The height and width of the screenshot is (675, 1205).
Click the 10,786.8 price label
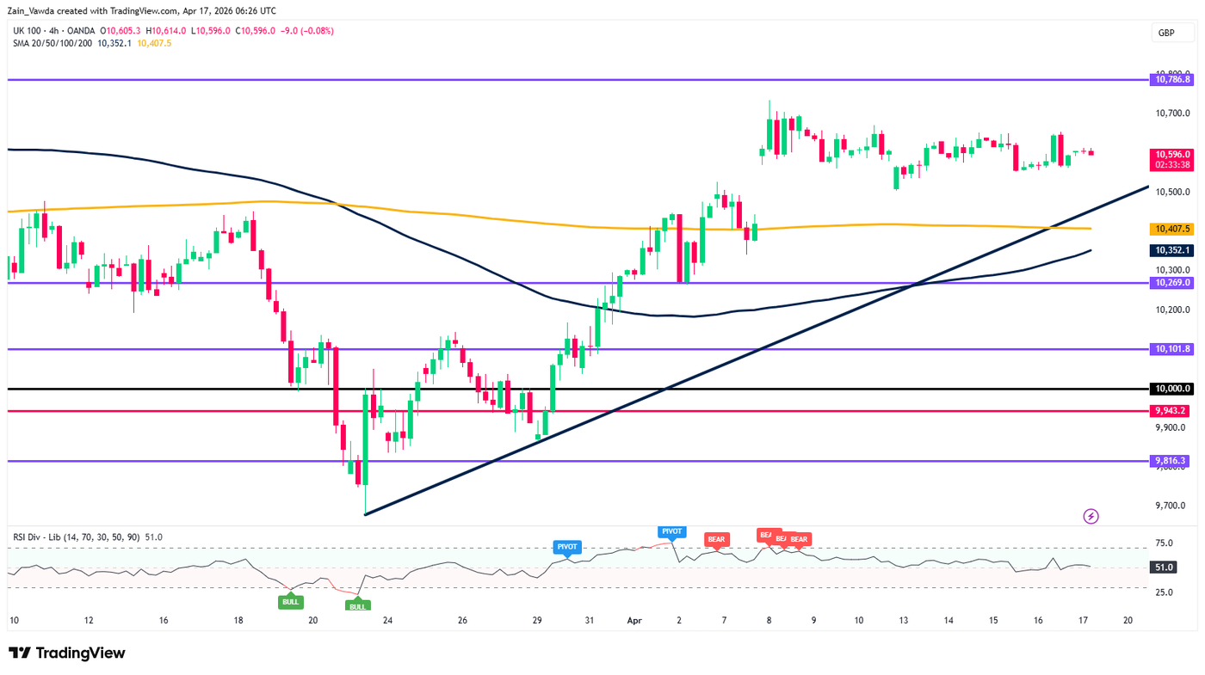1171,79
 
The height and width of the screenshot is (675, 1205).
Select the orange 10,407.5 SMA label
1171,229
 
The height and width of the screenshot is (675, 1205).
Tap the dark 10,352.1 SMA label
1171,250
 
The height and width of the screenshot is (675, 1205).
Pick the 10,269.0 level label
1171,282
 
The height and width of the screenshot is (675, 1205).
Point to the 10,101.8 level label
1171,349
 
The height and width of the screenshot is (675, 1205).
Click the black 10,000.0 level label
1171,389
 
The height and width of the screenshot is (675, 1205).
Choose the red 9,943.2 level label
1171,411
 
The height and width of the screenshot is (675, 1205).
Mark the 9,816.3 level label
1171,461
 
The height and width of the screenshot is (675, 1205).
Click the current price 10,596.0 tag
1171,153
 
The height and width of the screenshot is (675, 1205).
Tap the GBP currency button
1166,34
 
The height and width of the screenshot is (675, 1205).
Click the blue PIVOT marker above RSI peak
671,531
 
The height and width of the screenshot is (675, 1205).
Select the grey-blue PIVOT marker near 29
567,546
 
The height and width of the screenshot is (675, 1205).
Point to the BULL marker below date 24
357,606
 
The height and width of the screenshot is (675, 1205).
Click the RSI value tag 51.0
1164,568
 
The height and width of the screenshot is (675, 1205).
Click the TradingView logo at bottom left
67,653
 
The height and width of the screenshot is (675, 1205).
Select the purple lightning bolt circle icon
1091,516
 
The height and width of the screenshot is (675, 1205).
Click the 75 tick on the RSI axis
1164,543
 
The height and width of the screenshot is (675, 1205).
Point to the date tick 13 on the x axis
903,620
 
